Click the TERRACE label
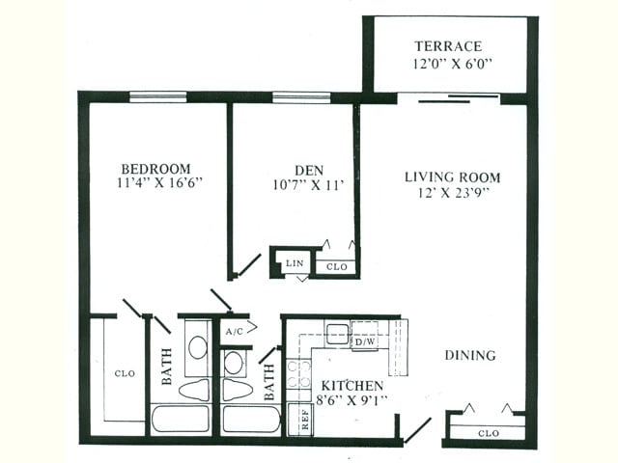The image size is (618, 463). click(448, 46)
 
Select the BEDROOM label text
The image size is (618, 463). click(155, 167)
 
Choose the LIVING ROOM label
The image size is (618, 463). click(452, 177)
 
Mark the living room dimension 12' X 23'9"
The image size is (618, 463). click(452, 194)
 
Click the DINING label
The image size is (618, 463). click(470, 355)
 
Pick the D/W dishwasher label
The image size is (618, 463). click(364, 341)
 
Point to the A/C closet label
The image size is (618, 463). click(234, 331)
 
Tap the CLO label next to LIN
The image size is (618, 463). click(336, 266)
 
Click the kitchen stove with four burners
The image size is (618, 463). click(298, 374)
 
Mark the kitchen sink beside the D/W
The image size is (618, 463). click(337, 334)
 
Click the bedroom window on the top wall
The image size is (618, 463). click(158, 96)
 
